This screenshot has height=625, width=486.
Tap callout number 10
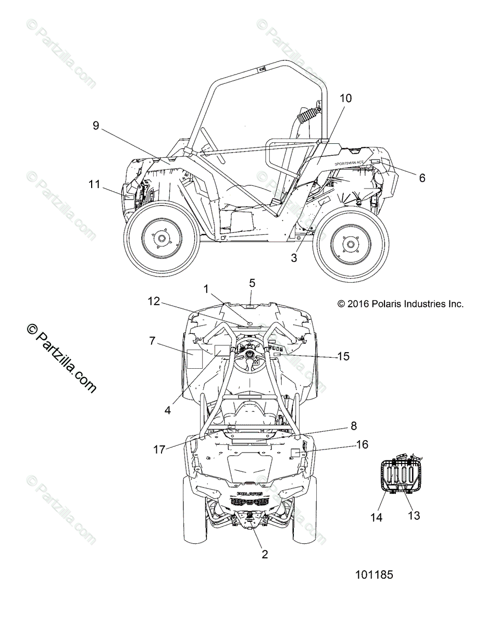(x=346, y=98)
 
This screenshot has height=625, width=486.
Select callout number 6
(x=422, y=178)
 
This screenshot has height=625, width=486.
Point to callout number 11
(x=94, y=184)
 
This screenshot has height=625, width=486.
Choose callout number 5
(x=252, y=283)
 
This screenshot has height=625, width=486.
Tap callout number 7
(x=138, y=341)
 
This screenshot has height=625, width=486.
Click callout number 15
(x=343, y=356)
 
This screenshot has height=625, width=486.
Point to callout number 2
(x=265, y=555)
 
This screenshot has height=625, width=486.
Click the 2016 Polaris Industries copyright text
(x=400, y=304)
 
